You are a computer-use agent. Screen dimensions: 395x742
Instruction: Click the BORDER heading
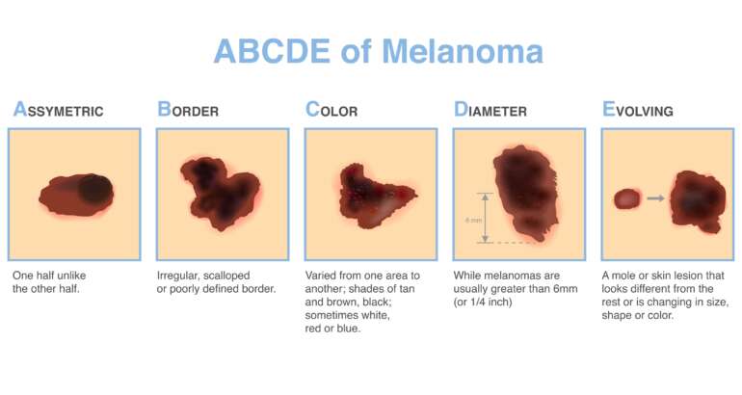(188, 110)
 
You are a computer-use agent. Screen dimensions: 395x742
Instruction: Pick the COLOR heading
(331, 110)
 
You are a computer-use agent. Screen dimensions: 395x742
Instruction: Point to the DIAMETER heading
(490, 110)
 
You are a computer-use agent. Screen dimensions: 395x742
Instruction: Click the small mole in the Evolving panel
(627, 198)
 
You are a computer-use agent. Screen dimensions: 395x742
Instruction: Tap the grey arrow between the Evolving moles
(655, 198)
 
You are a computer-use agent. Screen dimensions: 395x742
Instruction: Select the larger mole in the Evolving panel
(697, 199)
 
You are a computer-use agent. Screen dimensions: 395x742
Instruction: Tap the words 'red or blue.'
(332, 329)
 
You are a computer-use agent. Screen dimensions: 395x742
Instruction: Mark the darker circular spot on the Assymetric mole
(93, 188)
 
